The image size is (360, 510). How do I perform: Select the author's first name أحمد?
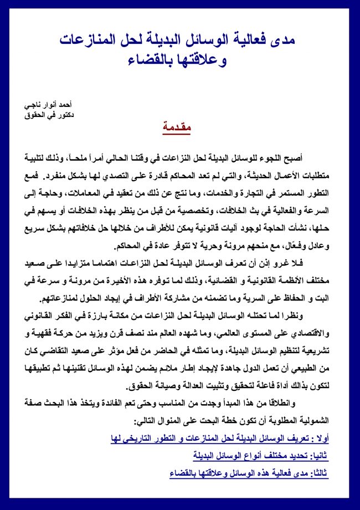click(x=64, y=104)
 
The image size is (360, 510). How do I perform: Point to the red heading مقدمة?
click(x=177, y=128)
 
